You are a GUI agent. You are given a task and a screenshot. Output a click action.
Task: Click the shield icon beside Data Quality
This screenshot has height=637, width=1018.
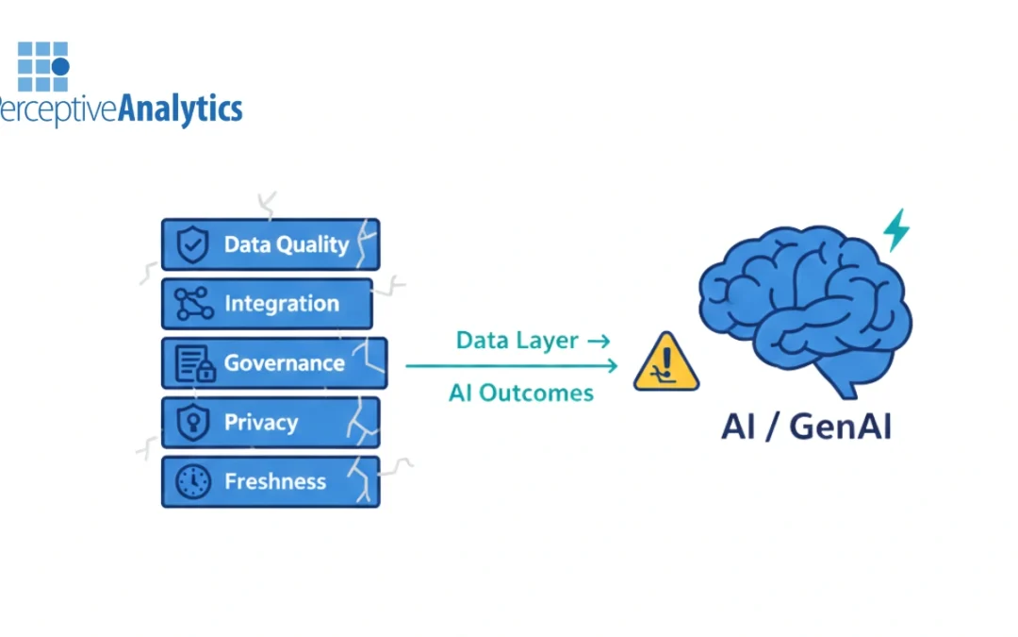[x=192, y=245]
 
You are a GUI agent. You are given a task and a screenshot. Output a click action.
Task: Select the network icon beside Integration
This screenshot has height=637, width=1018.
[x=193, y=304]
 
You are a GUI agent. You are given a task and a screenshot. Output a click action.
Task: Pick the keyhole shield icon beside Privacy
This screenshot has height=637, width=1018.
[x=193, y=423]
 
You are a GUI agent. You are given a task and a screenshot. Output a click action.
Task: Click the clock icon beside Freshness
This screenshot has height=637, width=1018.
[x=193, y=482]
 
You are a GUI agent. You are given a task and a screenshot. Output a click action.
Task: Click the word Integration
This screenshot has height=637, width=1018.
[x=281, y=304]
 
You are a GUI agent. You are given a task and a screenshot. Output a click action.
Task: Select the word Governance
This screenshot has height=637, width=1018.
[x=284, y=363]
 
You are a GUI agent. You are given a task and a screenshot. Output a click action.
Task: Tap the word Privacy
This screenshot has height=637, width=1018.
[x=260, y=423]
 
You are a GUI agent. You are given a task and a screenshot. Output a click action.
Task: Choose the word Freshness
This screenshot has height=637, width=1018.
[x=274, y=482]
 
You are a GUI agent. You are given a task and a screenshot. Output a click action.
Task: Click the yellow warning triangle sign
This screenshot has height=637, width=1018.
[x=666, y=362]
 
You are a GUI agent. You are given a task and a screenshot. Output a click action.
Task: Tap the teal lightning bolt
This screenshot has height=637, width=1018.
[x=896, y=229]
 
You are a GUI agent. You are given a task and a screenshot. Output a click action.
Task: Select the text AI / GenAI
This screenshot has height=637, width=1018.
[x=806, y=427]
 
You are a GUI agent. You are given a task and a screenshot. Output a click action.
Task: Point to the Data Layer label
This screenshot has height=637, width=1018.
[x=517, y=341]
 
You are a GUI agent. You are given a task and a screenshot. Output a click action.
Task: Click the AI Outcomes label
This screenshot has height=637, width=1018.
[x=521, y=393]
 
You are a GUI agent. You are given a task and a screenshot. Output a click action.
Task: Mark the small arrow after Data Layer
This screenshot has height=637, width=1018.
[x=599, y=341]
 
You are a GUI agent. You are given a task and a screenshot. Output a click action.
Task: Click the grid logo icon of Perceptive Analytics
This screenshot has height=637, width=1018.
[x=43, y=66]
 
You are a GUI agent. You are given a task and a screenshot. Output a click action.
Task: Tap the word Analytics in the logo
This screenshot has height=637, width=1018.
[x=180, y=109]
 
